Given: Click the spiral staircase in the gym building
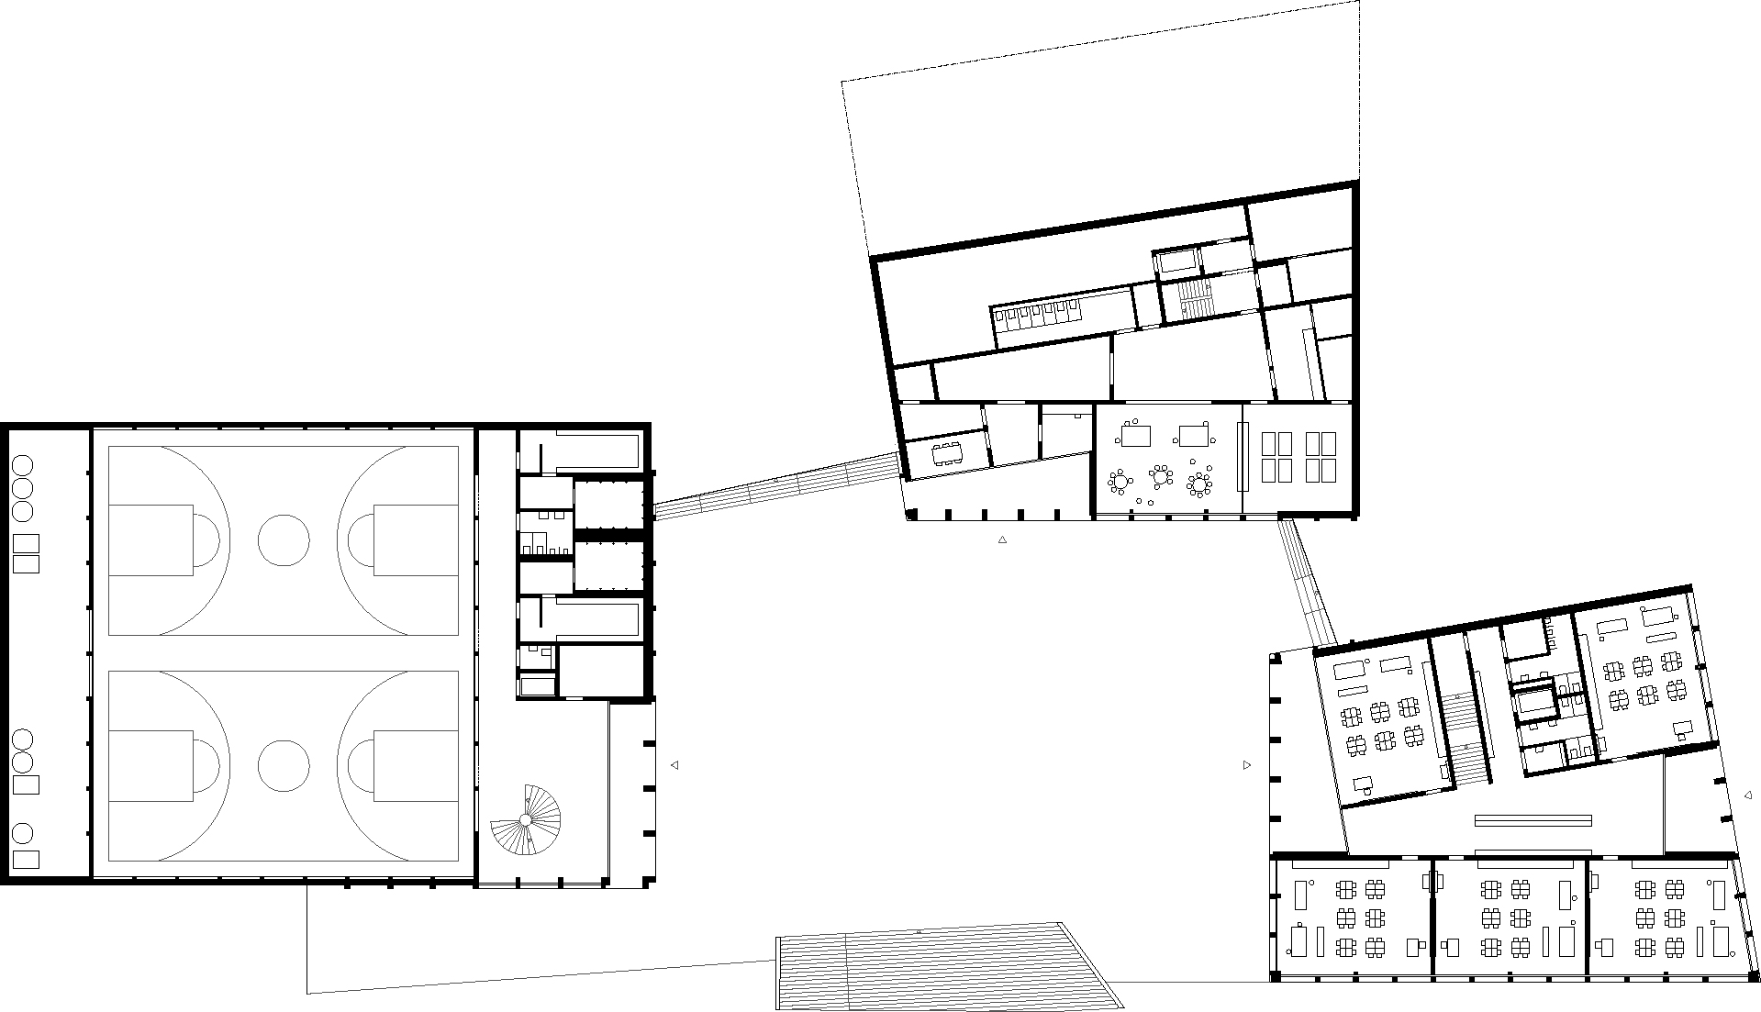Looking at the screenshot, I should click(526, 818).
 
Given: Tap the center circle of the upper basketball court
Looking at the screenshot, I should click(284, 539).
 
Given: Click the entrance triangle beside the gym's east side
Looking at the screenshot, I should click(674, 765).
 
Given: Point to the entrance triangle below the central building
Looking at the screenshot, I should click(1002, 540).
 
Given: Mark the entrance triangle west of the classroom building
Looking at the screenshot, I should click(1246, 765).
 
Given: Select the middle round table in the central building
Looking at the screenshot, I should click(1162, 476).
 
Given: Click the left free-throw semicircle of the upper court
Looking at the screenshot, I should click(206, 540).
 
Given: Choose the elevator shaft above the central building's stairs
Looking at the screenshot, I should click(1177, 261).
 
